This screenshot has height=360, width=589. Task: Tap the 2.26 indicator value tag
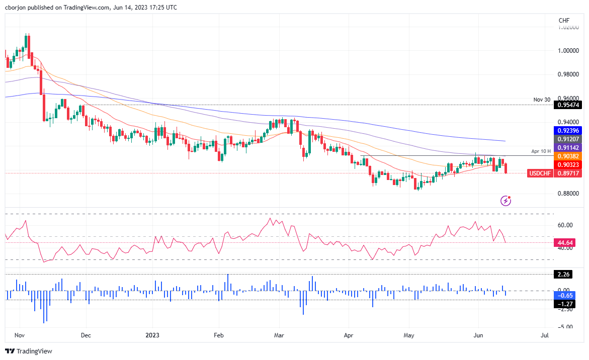point(564,275)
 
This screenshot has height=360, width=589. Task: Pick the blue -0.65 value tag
point(564,295)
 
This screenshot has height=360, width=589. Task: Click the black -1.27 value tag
point(564,304)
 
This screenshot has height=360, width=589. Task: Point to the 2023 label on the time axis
point(153,334)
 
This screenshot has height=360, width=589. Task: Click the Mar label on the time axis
point(279,334)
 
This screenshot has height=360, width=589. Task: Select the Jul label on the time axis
point(544,334)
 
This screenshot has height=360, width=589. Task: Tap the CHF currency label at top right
point(564,20)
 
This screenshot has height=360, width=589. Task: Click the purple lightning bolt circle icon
point(506,201)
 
